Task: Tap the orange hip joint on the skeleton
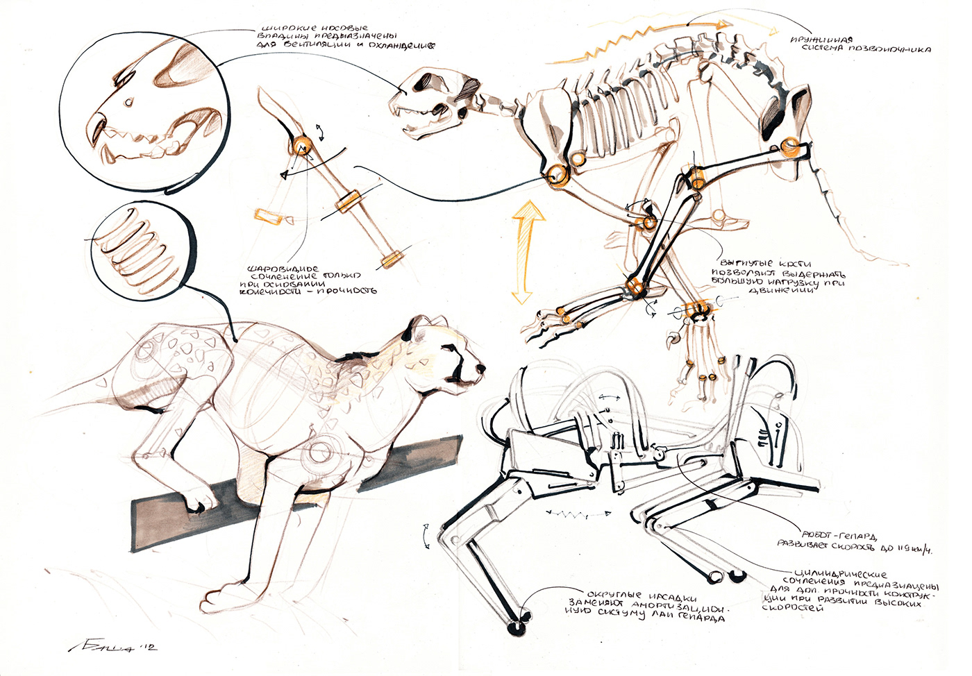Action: pyautogui.click(x=790, y=146)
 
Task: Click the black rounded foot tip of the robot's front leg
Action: pyautogui.click(x=517, y=626)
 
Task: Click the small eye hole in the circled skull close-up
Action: pyautogui.click(x=129, y=103)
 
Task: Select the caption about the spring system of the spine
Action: pyautogui.click(x=860, y=44)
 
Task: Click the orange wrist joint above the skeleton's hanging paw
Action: pyautogui.click(x=696, y=310)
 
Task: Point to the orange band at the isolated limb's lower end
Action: pyautogui.click(x=392, y=259)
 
